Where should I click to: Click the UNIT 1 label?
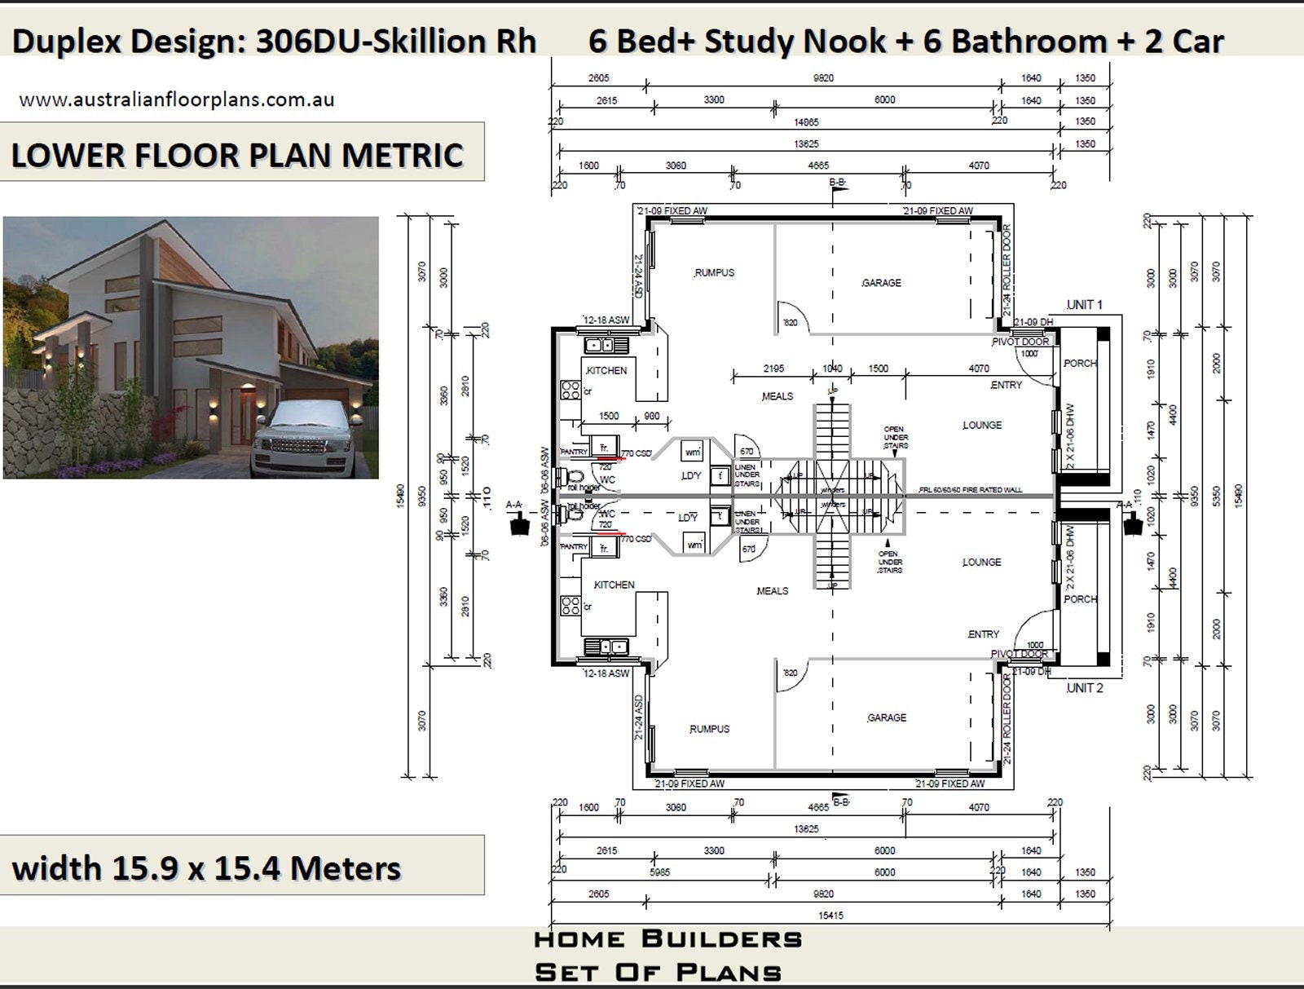tap(1084, 304)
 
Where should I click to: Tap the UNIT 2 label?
tap(1085, 688)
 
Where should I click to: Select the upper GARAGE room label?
tap(881, 283)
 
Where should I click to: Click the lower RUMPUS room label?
tap(709, 729)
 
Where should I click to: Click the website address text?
tap(176, 99)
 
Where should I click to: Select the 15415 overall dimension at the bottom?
tap(830, 916)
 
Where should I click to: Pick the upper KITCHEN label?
tap(606, 370)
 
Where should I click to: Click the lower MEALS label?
tap(772, 591)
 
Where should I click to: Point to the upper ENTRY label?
tap(1006, 385)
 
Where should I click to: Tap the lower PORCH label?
tap(1080, 599)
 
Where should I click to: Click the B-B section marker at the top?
tap(837, 183)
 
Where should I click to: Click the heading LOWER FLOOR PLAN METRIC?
tap(237, 155)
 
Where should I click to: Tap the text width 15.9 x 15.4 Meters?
tap(206, 868)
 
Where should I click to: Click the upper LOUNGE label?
tap(981, 425)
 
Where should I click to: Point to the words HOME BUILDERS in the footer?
tap(667, 939)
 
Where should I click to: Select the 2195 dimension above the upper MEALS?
tap(773, 369)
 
